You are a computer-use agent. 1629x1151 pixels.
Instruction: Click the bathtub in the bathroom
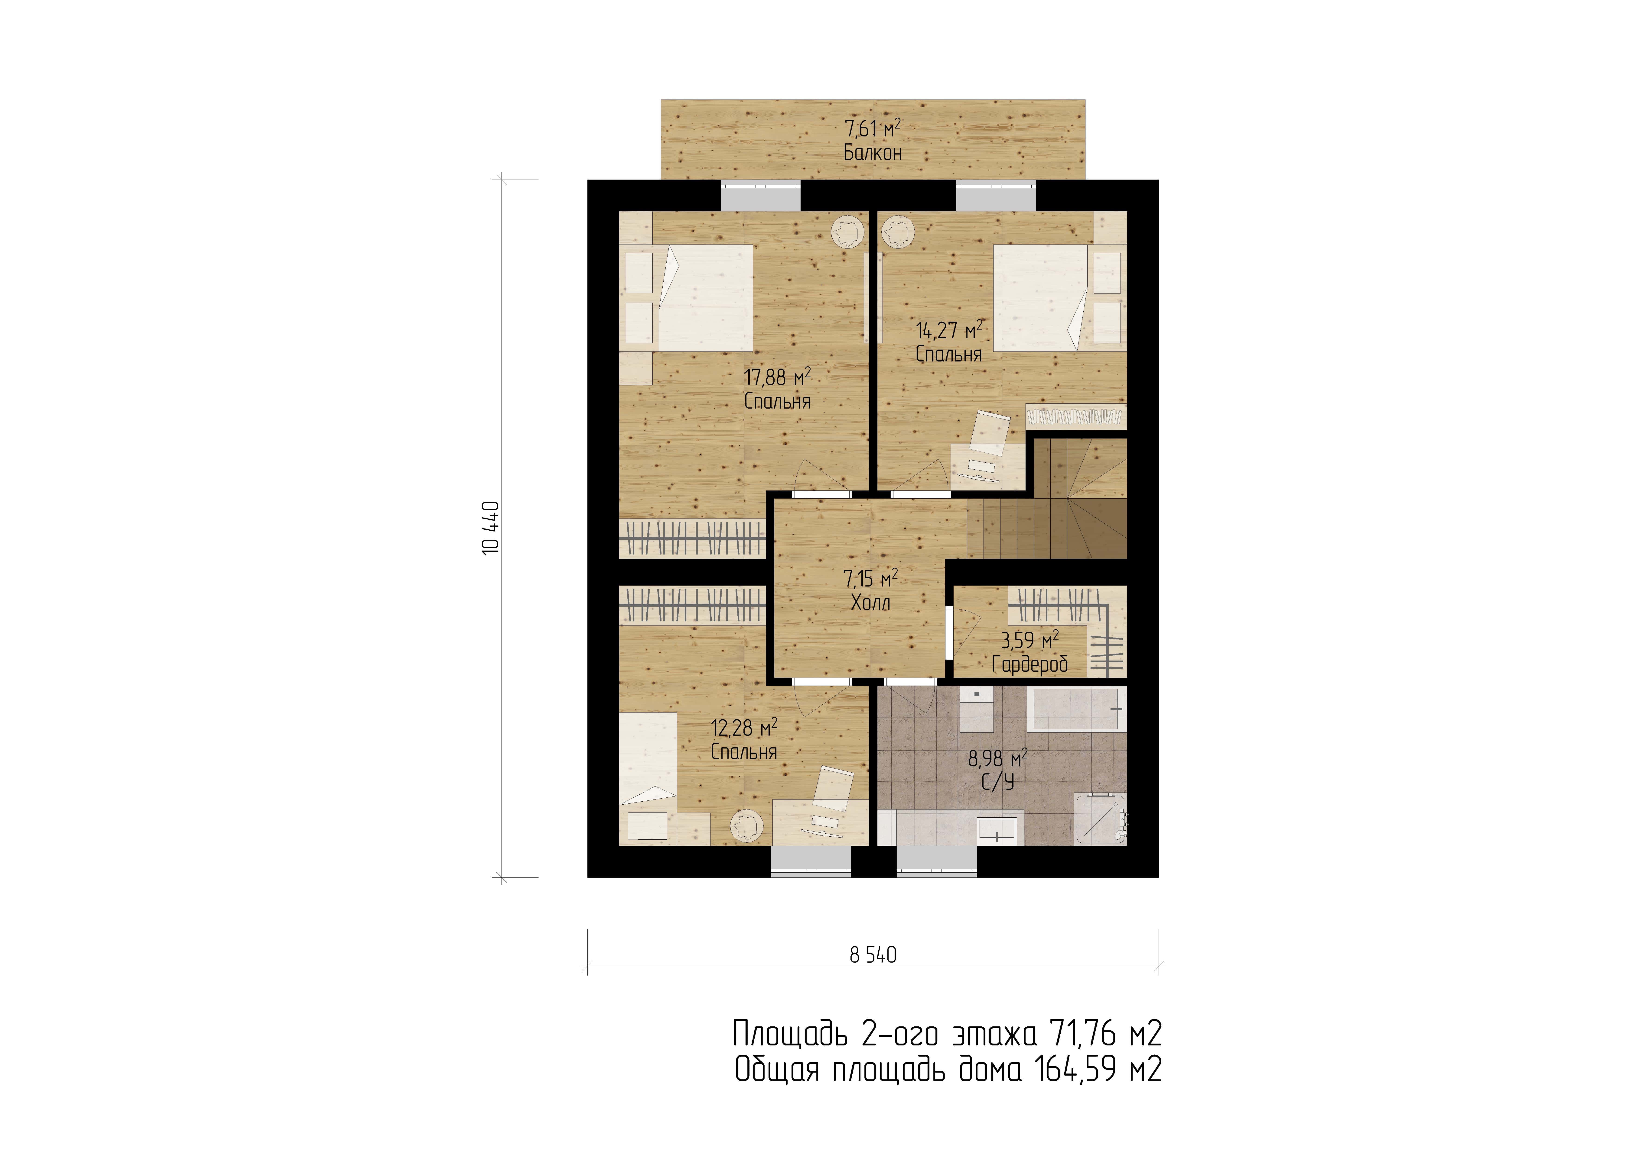coord(1077,709)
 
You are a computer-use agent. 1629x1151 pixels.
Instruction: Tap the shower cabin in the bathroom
coord(1101,818)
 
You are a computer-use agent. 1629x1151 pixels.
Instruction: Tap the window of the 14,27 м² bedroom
coord(996,196)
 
